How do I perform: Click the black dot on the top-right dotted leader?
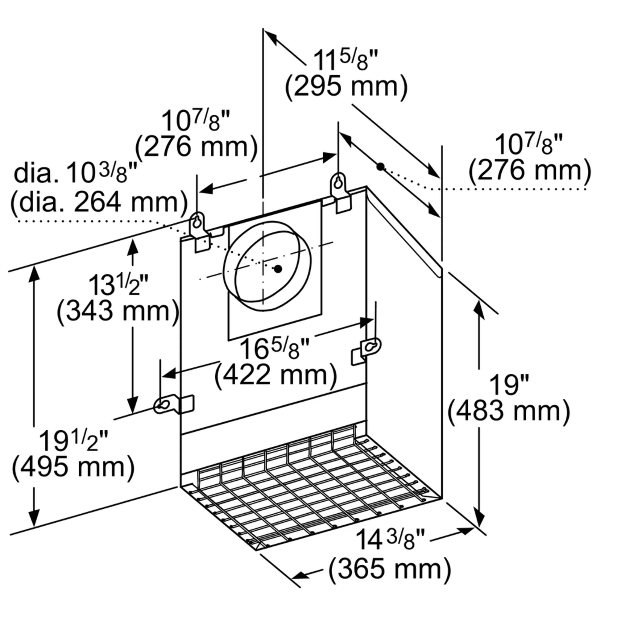point(380,166)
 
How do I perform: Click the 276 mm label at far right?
point(529,171)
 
